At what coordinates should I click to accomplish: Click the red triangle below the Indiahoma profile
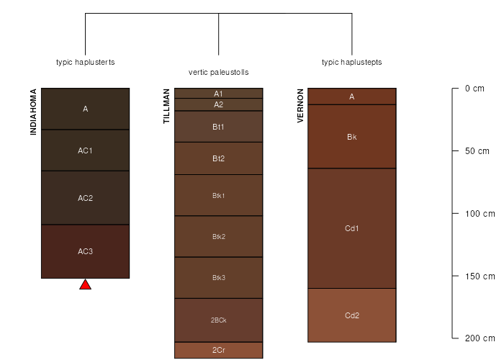click(85, 285)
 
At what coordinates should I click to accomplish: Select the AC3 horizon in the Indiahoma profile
click(85, 251)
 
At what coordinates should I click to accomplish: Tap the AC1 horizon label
click(85, 150)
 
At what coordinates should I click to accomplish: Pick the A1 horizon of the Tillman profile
click(219, 93)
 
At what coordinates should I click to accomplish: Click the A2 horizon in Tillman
click(219, 104)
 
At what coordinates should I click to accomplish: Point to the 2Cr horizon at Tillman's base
click(219, 350)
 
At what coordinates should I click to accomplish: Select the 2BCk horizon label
click(219, 320)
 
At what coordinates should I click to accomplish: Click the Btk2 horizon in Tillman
click(219, 237)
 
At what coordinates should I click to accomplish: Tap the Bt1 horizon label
click(218, 127)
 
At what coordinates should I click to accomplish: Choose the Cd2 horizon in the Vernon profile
click(352, 315)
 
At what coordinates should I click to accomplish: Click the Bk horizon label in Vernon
click(352, 137)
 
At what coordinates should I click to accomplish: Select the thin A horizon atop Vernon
click(352, 96)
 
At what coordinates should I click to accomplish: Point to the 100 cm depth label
click(480, 214)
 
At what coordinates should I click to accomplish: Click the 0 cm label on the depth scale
click(474, 89)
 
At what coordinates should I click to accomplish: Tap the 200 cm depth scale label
click(480, 338)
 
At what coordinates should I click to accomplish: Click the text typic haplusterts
click(85, 62)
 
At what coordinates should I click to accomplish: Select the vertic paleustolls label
click(219, 72)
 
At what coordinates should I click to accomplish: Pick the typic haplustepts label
click(352, 62)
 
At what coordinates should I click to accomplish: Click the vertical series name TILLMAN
click(166, 106)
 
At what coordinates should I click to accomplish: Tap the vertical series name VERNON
click(300, 106)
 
